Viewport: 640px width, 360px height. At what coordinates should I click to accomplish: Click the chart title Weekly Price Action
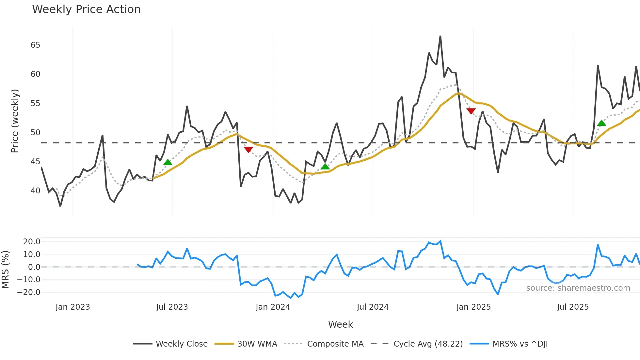(x=86, y=9)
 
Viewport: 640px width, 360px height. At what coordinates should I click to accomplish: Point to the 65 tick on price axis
(x=35, y=45)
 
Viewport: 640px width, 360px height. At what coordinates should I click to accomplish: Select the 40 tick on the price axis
(x=35, y=191)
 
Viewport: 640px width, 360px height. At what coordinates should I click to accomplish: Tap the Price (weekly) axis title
(x=15, y=121)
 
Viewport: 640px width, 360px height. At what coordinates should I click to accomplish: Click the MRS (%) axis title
(x=5, y=270)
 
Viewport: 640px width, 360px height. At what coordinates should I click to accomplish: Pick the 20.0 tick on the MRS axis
(x=31, y=242)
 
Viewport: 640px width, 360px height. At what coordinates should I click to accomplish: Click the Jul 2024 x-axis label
(x=373, y=307)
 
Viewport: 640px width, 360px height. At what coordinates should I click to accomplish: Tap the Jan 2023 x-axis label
(x=72, y=307)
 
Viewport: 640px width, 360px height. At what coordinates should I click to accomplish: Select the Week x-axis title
(x=340, y=324)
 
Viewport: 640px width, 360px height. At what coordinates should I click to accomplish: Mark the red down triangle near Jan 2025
(x=471, y=111)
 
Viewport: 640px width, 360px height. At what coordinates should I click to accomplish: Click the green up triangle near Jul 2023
(x=168, y=162)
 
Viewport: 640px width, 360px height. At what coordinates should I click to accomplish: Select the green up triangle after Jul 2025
(x=601, y=123)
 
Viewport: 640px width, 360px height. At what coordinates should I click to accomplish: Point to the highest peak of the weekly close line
(x=440, y=36)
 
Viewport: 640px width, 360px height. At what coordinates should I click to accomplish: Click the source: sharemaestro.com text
(x=578, y=288)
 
